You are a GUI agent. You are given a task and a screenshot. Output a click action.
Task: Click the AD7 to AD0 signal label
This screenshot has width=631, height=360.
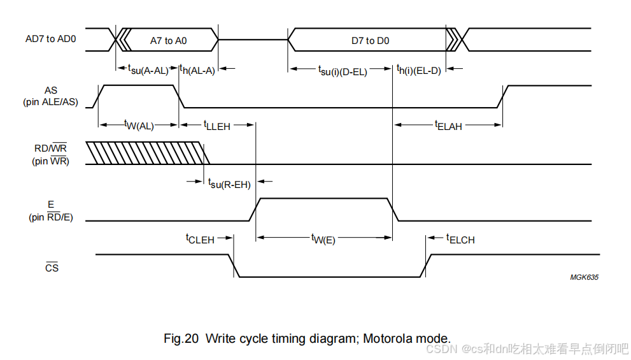[x=50, y=39]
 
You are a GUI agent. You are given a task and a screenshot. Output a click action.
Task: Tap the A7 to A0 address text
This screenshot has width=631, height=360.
[x=168, y=41]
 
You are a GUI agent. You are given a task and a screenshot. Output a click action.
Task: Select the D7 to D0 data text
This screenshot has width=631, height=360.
[x=370, y=41]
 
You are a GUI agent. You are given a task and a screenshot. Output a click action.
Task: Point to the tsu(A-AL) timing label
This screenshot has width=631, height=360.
[x=148, y=69]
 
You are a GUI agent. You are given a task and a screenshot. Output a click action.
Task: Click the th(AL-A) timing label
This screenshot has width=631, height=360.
[x=197, y=69]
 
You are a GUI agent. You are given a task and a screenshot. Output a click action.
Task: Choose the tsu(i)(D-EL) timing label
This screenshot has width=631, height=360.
[x=343, y=71]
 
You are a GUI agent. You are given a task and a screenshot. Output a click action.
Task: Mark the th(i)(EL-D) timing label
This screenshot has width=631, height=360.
[x=418, y=69]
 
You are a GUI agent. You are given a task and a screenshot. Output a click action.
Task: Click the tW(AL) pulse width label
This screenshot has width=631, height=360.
[x=139, y=125]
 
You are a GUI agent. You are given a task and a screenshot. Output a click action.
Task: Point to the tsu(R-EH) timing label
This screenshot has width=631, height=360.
[x=229, y=184]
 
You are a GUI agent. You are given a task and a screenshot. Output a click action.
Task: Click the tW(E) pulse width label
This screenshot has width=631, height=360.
[x=323, y=239]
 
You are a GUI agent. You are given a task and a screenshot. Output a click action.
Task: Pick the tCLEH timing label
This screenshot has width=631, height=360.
[x=200, y=239]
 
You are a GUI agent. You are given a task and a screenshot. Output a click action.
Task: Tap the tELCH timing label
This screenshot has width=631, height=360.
[x=460, y=239]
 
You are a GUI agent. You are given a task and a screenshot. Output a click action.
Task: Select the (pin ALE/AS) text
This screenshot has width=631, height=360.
[x=50, y=102]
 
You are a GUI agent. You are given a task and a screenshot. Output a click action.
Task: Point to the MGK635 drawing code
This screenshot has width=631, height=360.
[x=584, y=277]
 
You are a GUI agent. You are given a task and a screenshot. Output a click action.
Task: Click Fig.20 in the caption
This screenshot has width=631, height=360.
[x=181, y=338]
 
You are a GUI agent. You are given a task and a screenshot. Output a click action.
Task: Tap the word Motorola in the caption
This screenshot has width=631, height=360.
[x=388, y=338]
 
